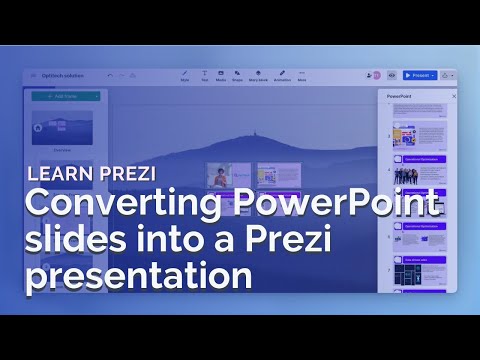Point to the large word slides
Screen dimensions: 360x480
tap(71, 241)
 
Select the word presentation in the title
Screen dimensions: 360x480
tap(139, 274)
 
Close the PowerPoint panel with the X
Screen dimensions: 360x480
tap(454, 97)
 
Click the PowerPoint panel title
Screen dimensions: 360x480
tap(400, 97)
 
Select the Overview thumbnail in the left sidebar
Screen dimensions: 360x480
tap(63, 128)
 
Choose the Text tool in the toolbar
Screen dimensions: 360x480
tap(204, 74)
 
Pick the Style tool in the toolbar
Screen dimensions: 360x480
tap(184, 74)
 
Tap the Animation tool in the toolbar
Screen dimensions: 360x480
tap(282, 74)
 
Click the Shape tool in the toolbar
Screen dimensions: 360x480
tap(238, 74)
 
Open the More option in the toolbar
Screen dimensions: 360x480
tap(302, 74)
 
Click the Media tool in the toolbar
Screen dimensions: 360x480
tap(220, 74)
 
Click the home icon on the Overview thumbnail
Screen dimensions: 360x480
tap(38, 127)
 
